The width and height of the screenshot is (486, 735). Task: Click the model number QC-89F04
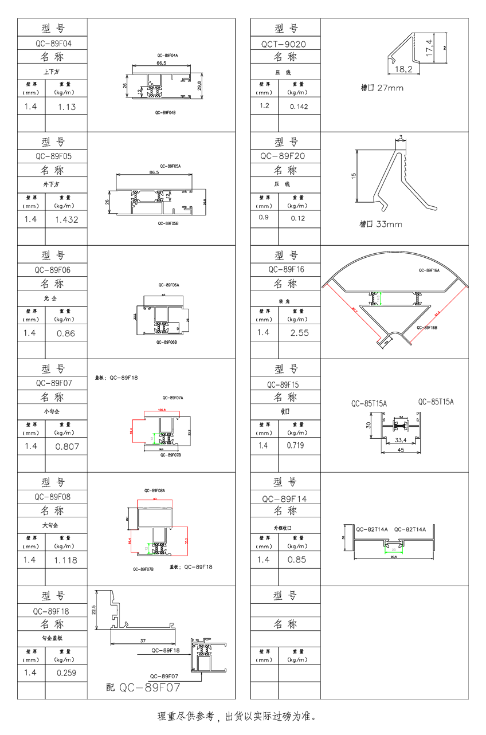pos(53,43)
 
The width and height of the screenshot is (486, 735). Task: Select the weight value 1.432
pos(66,219)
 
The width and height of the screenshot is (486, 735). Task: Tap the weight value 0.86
pos(66,333)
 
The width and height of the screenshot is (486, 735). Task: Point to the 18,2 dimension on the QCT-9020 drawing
pos(403,69)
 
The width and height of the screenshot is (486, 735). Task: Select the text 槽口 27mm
pos(382,88)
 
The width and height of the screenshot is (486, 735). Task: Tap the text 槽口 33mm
pos(381,224)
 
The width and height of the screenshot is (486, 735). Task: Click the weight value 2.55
pos(299,332)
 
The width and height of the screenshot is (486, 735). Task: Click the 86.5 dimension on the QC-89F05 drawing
pos(154,172)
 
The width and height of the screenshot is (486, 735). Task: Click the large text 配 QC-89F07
pos(143,687)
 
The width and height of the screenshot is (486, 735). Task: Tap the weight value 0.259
pos(66,673)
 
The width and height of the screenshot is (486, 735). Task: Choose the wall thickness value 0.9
pos(264,218)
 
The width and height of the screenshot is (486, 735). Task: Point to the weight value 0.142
pos(299,107)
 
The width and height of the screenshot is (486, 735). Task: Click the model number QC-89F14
pos(284,499)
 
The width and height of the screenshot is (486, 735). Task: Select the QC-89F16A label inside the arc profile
pos(429,270)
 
